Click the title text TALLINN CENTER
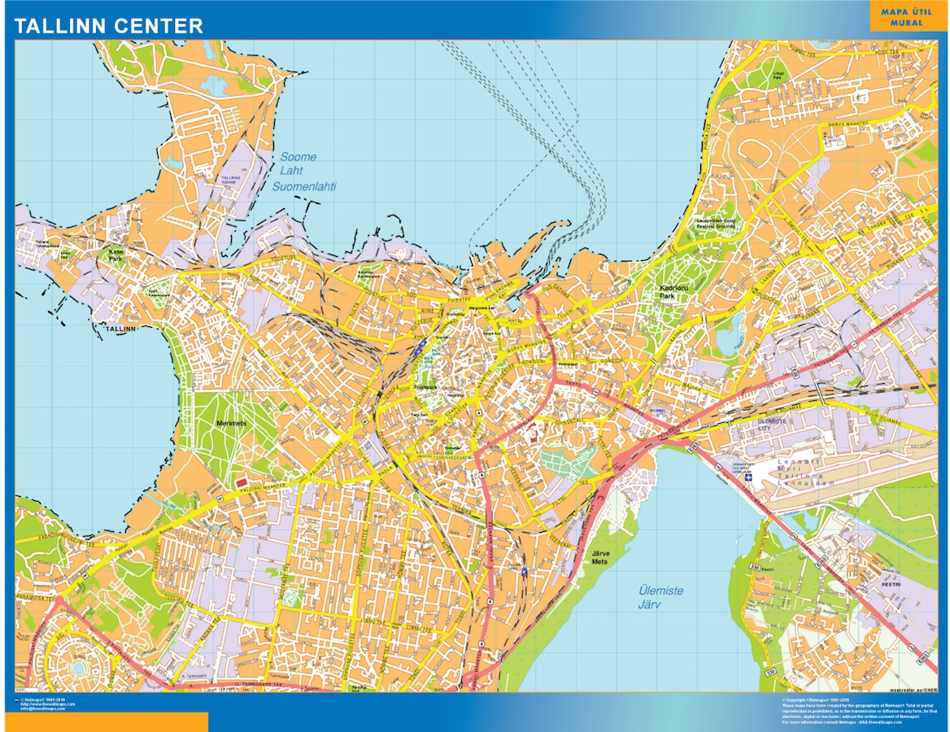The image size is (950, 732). [x=109, y=26]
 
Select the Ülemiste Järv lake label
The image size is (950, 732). [x=660, y=598]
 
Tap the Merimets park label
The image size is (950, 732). [x=231, y=424]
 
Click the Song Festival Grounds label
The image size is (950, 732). [x=716, y=223]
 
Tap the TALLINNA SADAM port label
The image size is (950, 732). [x=232, y=180]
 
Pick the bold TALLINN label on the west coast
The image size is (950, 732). [x=118, y=329]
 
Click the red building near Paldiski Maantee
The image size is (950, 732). [x=242, y=483]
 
